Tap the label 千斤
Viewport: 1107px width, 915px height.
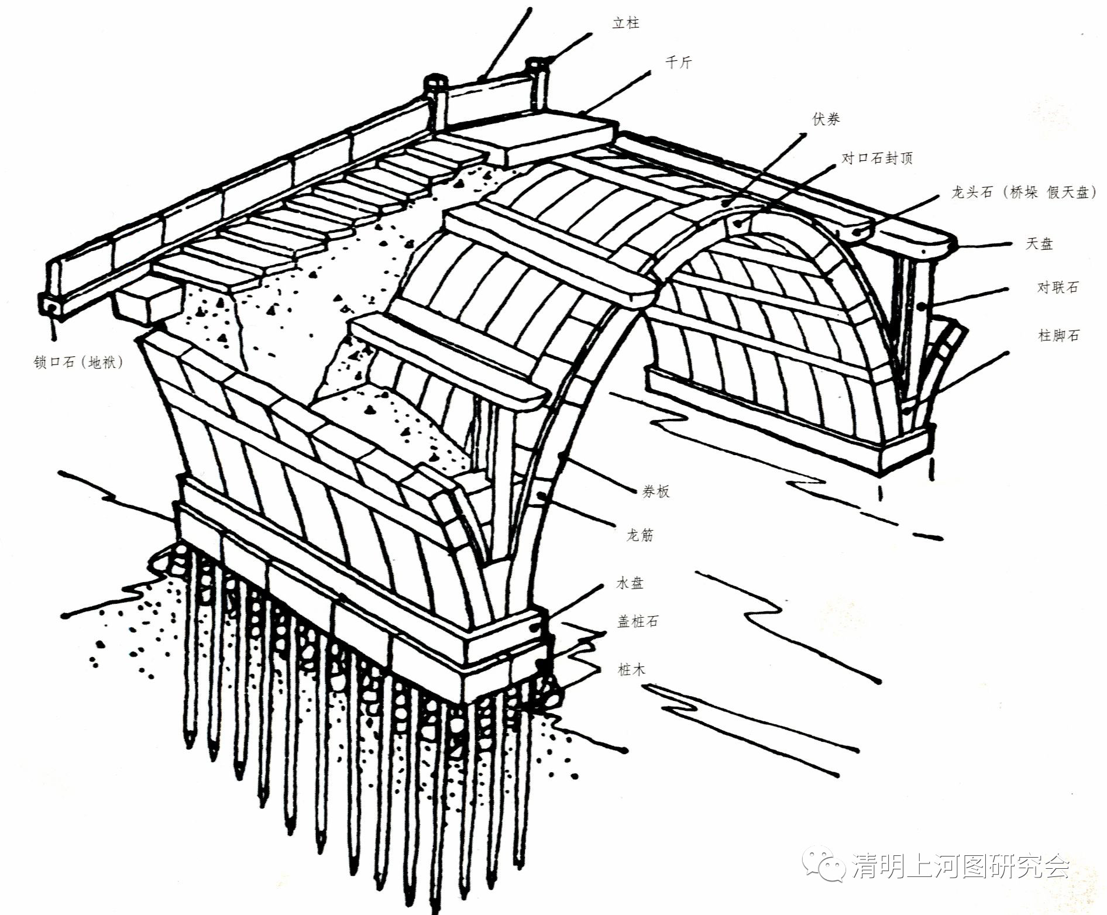click(x=679, y=63)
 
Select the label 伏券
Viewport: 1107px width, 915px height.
click(x=826, y=119)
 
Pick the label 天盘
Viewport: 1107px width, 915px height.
click(x=1039, y=244)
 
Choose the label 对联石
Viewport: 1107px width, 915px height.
click(x=1057, y=287)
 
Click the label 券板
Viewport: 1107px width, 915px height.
click(x=655, y=491)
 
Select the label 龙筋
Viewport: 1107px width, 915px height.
click(x=640, y=535)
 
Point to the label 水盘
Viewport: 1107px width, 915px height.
click(x=630, y=583)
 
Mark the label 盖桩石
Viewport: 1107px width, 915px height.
click(x=638, y=621)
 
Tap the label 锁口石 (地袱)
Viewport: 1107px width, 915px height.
click(x=79, y=363)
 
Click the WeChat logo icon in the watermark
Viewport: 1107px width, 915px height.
click(x=825, y=866)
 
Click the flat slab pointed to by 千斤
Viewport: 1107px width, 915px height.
click(x=559, y=140)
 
